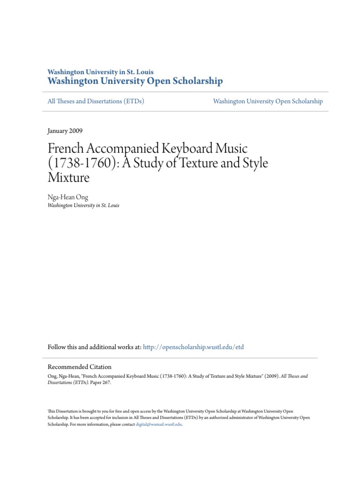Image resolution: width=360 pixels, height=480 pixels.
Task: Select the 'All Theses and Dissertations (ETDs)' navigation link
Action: click(96, 101)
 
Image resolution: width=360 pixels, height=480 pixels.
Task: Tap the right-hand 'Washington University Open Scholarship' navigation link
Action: click(268, 101)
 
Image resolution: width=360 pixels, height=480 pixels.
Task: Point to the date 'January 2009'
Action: click(65, 131)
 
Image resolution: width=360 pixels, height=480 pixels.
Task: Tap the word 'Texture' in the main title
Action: click(203, 164)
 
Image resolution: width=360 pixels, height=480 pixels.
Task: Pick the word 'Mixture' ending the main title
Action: click(68, 178)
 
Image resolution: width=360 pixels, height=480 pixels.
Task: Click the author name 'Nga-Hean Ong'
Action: click(67, 197)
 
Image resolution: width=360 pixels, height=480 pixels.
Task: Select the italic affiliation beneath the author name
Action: click(83, 205)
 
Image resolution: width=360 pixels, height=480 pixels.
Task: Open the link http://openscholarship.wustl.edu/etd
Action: click(193, 347)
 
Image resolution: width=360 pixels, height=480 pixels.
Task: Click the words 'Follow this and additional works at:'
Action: click(94, 347)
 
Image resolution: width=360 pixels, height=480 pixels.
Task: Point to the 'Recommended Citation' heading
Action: click(80, 367)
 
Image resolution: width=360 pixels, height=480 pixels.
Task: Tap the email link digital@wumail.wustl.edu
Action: click(159, 424)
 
